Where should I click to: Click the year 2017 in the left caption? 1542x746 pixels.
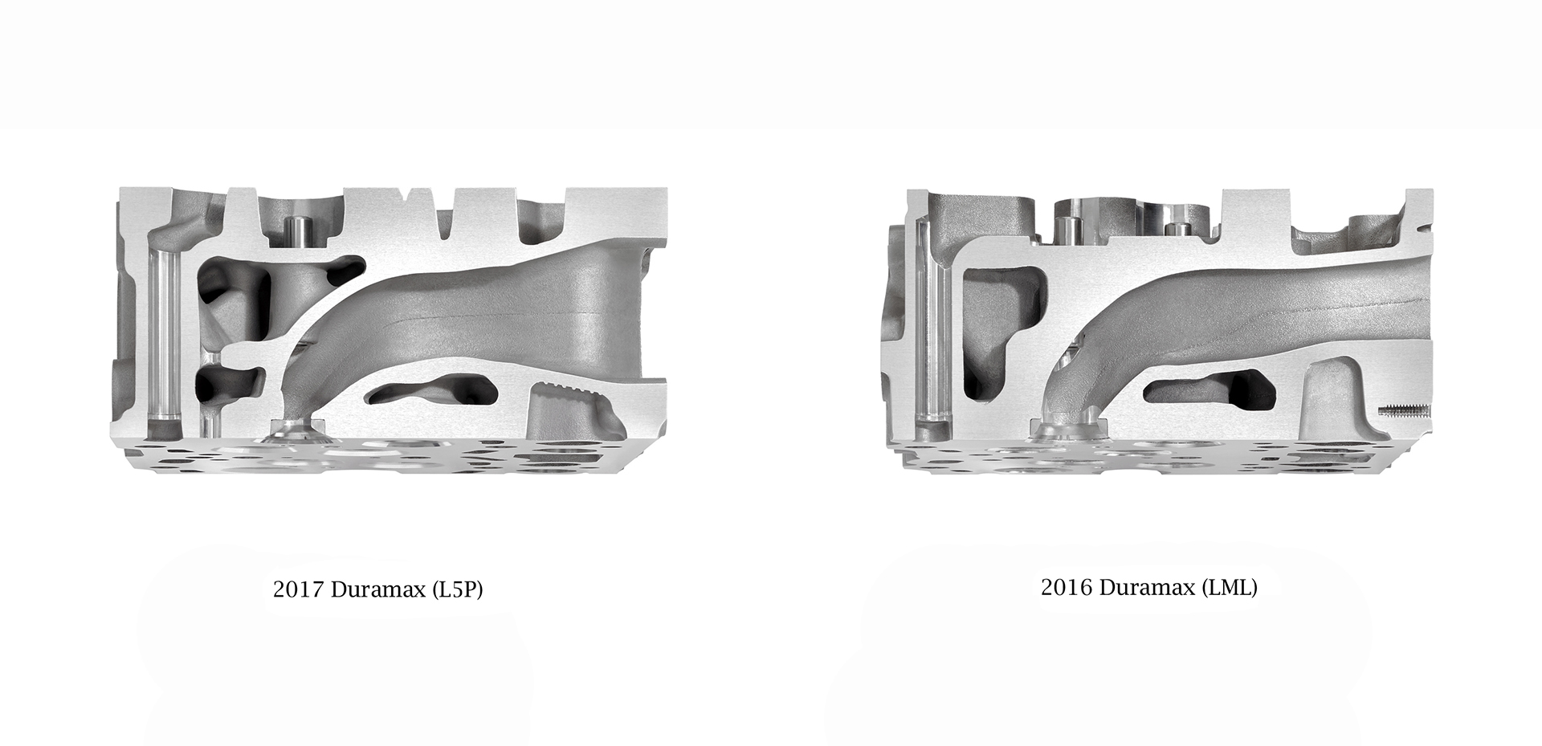(x=298, y=590)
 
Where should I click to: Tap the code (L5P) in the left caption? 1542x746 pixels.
(x=457, y=590)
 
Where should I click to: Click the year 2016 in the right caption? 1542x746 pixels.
(x=1066, y=588)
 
